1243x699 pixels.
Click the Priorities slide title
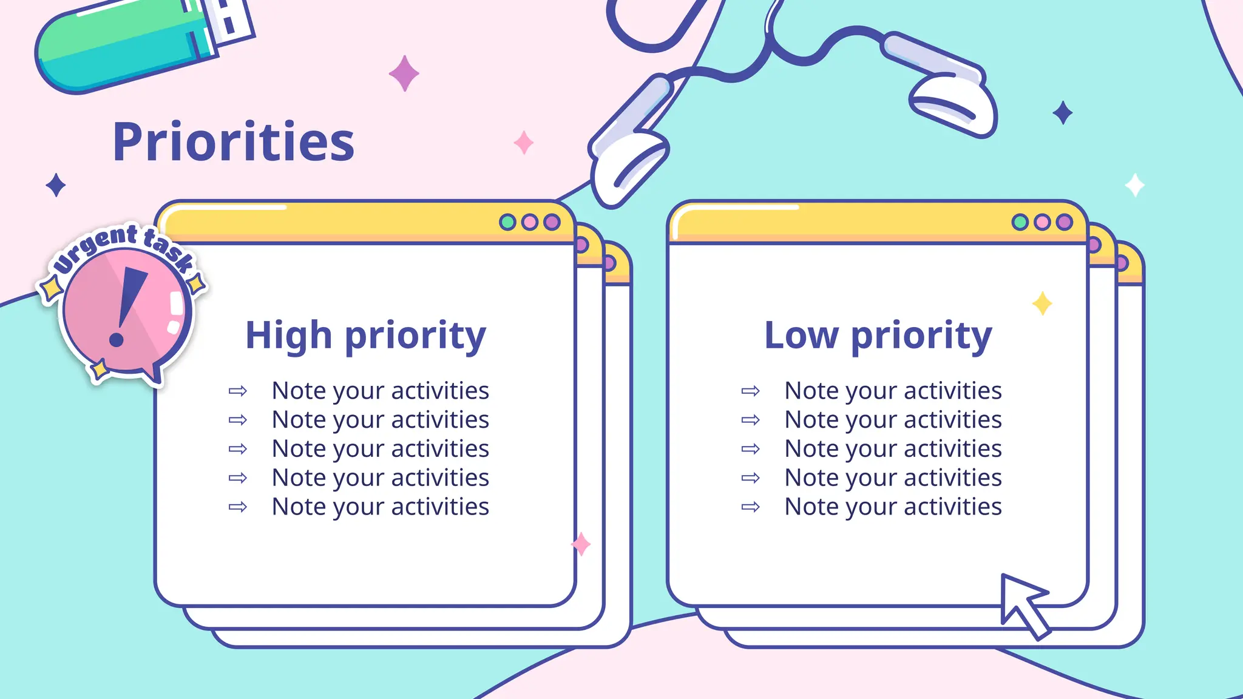pyautogui.click(x=234, y=143)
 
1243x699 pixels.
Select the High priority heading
pyautogui.click(x=365, y=336)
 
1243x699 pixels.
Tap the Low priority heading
pyautogui.click(x=878, y=336)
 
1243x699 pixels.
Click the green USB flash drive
pyautogui.click(x=121, y=49)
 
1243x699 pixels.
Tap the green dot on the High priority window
pyautogui.click(x=507, y=222)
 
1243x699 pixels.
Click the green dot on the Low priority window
pyautogui.click(x=1020, y=222)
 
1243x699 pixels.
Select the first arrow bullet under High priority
pyautogui.click(x=238, y=391)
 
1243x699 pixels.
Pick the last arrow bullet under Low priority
pyautogui.click(x=751, y=507)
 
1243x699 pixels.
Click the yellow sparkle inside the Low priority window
pyautogui.click(x=1042, y=303)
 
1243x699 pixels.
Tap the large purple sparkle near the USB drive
pyautogui.click(x=404, y=73)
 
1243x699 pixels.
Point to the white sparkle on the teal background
pyautogui.click(x=1134, y=185)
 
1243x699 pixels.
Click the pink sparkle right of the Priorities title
pyautogui.click(x=523, y=143)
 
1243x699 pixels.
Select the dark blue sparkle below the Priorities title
pyautogui.click(x=56, y=185)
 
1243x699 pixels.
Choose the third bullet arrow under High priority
pyautogui.click(x=238, y=449)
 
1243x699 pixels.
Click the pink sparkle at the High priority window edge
pyautogui.click(x=581, y=544)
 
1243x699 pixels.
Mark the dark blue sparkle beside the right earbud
pyautogui.click(x=1062, y=113)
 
